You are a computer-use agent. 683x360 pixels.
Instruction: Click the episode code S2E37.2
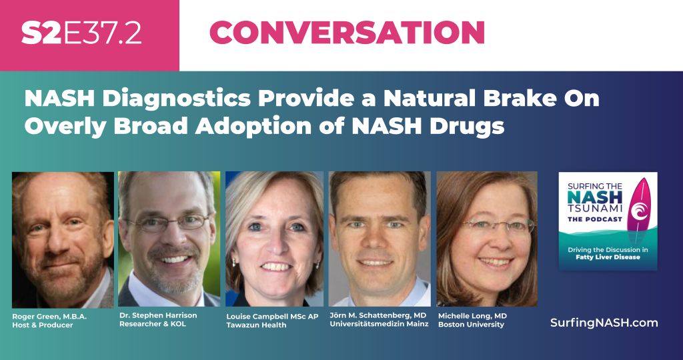click(x=81, y=33)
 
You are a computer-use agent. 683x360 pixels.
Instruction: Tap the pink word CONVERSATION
click(x=347, y=33)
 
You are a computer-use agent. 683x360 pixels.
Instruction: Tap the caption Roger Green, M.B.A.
click(x=49, y=317)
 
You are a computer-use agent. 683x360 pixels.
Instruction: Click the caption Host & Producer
click(x=42, y=325)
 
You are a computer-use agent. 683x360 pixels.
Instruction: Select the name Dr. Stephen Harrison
click(x=158, y=315)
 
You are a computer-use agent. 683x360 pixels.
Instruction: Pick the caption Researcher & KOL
click(x=153, y=324)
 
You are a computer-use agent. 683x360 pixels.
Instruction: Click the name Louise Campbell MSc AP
click(x=272, y=317)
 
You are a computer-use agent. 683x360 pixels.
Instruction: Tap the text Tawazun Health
click(x=256, y=325)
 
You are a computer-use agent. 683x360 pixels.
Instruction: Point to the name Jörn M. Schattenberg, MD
click(x=378, y=315)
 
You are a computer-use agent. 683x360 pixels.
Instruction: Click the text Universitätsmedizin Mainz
click(x=379, y=324)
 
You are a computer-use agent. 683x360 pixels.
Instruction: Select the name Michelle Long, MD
click(x=472, y=316)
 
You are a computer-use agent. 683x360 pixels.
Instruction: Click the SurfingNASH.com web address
click(x=604, y=323)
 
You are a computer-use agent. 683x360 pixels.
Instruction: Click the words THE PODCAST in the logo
click(x=594, y=219)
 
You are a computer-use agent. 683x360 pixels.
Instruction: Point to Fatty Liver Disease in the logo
click(x=608, y=257)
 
